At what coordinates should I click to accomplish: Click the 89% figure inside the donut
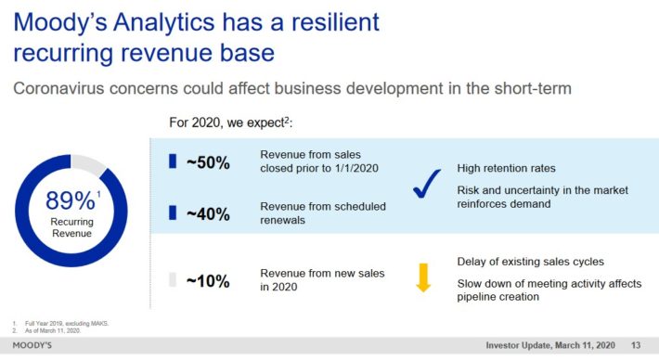click(x=71, y=200)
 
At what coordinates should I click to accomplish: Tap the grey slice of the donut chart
click(x=87, y=163)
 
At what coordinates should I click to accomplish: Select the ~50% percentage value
click(x=208, y=162)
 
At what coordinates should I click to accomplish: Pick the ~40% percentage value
click(x=208, y=214)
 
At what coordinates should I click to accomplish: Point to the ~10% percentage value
click(x=208, y=281)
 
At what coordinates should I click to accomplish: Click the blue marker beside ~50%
click(x=173, y=161)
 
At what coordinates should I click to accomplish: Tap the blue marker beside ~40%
click(x=173, y=212)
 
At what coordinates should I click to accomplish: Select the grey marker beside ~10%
click(x=173, y=280)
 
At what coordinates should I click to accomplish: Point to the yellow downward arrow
click(x=423, y=277)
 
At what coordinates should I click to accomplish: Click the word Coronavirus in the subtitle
click(x=58, y=89)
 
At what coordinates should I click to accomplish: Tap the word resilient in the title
click(x=335, y=22)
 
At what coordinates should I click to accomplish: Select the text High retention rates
click(x=506, y=169)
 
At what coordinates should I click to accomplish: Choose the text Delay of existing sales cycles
click(x=530, y=262)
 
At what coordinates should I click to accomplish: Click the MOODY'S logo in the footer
click(x=32, y=345)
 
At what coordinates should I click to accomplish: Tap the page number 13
click(x=636, y=345)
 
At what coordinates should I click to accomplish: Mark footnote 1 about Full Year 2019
click(x=60, y=324)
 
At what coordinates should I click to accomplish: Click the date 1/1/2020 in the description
click(x=356, y=169)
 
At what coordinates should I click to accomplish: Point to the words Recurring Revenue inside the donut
click(x=71, y=227)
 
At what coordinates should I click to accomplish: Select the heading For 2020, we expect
click(x=231, y=122)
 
